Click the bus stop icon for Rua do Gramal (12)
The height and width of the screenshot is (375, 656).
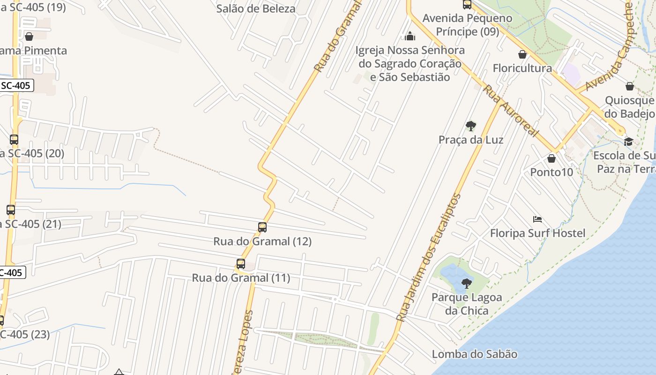click(262, 227)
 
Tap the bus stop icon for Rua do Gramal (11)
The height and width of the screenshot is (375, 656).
click(241, 264)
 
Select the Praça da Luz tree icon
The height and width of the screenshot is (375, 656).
click(471, 126)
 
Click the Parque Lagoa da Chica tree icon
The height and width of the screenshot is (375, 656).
click(466, 283)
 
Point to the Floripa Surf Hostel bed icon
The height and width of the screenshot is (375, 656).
click(537, 219)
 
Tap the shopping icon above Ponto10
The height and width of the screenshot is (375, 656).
click(552, 158)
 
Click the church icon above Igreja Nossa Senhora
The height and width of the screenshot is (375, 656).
click(410, 36)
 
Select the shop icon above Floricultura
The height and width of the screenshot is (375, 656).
click(522, 54)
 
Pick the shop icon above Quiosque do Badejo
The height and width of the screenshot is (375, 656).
click(630, 86)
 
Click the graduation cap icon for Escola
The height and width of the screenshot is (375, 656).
click(628, 142)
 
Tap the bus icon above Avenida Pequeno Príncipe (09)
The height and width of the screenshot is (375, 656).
click(467, 5)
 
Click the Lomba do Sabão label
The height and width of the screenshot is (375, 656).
click(474, 354)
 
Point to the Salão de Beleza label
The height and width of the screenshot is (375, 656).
click(256, 8)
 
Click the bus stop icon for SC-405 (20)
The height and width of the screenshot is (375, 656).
click(14, 139)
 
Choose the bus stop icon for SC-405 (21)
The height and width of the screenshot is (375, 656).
click(11, 210)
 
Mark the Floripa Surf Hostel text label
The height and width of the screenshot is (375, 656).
click(537, 233)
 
